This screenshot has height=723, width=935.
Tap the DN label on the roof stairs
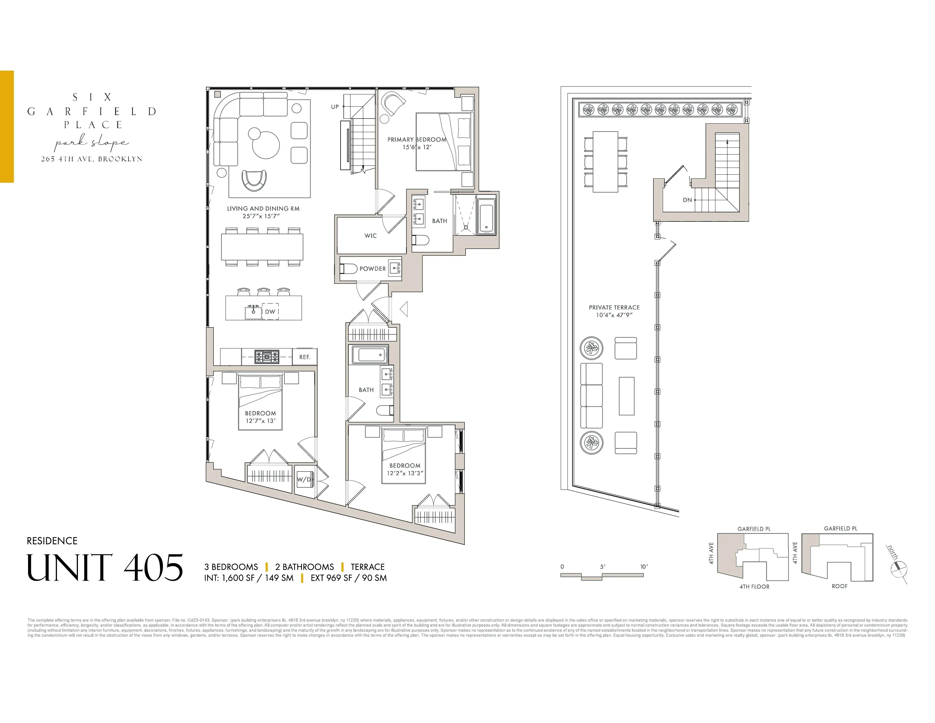(x=687, y=200)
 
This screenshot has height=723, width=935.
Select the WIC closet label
(x=370, y=236)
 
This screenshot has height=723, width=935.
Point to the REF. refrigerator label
(x=304, y=357)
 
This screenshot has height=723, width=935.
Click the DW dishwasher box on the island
(x=270, y=311)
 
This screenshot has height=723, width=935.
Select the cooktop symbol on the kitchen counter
(x=267, y=356)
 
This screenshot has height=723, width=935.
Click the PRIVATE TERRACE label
(x=614, y=307)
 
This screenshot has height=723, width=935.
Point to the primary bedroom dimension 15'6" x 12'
(x=416, y=147)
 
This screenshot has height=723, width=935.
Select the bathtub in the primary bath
(x=486, y=218)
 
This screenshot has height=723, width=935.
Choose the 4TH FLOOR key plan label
(x=754, y=586)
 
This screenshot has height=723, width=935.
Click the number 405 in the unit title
(x=153, y=568)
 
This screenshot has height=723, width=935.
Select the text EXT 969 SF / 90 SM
(x=348, y=578)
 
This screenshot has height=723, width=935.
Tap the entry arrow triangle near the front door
(x=404, y=308)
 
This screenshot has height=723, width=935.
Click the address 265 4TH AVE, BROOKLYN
(x=92, y=159)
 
